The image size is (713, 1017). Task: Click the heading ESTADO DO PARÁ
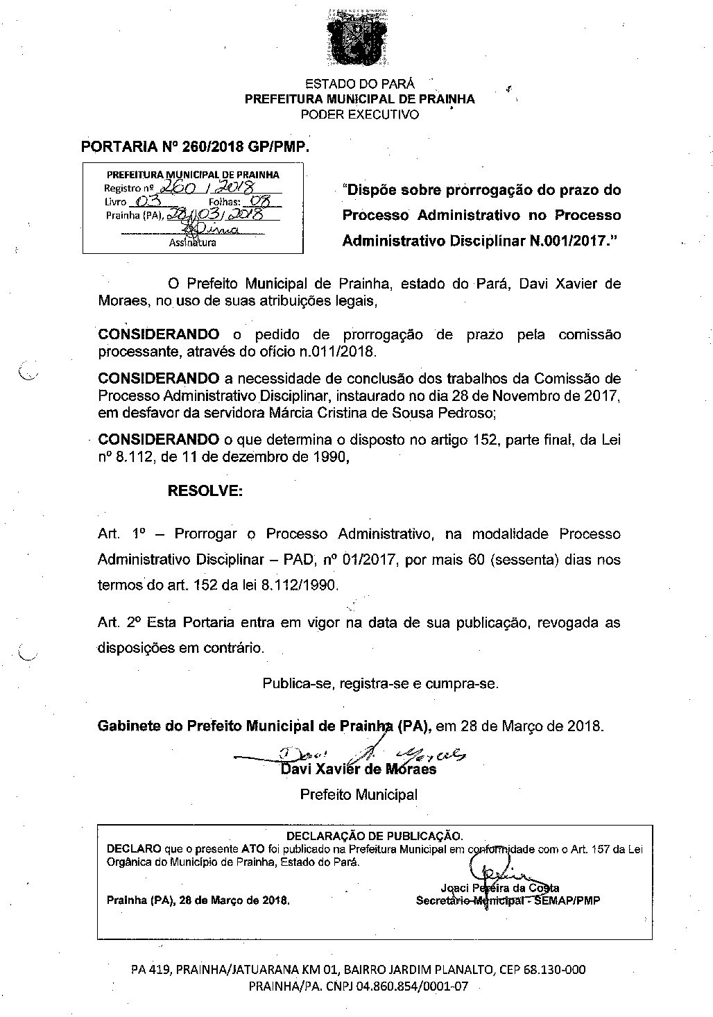[x=360, y=84]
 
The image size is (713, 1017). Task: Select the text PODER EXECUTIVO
[x=360, y=114]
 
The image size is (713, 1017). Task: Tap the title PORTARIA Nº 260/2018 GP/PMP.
[x=194, y=147]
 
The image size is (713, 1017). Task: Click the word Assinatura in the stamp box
[x=192, y=243]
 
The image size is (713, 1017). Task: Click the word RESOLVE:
[x=205, y=491]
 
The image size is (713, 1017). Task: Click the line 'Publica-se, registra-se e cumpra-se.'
[x=379, y=683]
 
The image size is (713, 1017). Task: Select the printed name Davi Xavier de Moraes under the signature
[x=358, y=769]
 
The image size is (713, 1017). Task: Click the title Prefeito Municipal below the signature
[x=359, y=794]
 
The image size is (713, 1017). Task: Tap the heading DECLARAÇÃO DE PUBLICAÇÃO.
[x=374, y=835]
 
